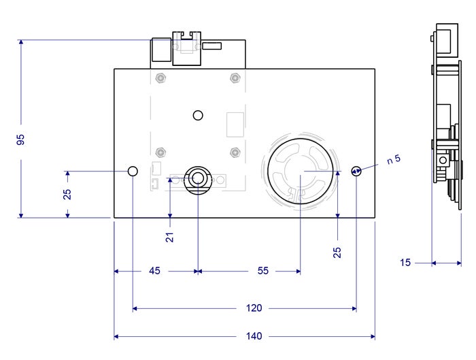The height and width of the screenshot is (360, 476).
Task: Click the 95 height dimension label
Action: tap(20, 140)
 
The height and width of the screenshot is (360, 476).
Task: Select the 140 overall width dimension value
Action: tap(255, 336)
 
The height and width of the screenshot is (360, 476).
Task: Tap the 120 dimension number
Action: tap(253, 308)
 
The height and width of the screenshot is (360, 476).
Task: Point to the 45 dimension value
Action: tap(154, 271)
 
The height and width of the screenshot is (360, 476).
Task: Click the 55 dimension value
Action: tap(262, 271)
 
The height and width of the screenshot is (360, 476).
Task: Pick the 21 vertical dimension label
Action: tap(170, 237)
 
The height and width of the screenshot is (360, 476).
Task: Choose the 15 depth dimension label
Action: tap(405, 262)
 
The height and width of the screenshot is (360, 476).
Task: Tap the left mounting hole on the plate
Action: tap(133, 170)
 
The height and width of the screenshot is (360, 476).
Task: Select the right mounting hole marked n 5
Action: tap(356, 170)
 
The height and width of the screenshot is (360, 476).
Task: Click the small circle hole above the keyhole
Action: tap(198, 115)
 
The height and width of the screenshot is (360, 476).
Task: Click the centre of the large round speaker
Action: tap(301, 171)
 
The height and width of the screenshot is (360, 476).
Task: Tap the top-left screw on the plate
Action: tap(159, 77)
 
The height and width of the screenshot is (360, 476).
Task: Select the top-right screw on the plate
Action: tap(235, 77)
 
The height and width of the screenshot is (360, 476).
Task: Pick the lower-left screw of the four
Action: tap(159, 151)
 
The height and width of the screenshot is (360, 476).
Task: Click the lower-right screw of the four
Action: tap(235, 151)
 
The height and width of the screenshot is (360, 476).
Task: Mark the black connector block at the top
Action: tap(161, 51)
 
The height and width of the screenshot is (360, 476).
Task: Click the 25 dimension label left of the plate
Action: tap(67, 194)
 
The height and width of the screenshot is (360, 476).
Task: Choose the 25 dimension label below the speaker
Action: tap(337, 252)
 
